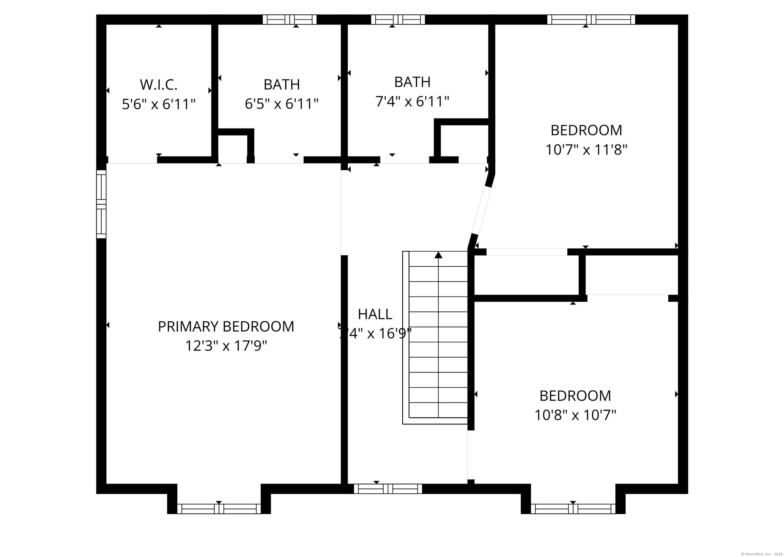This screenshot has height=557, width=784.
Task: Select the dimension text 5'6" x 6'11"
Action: pyautogui.click(x=159, y=104)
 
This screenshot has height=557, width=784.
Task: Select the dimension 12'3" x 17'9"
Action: pyautogui.click(x=226, y=346)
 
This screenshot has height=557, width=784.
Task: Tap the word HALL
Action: pyautogui.click(x=375, y=314)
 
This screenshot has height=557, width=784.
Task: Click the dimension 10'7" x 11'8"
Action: pyautogui.click(x=586, y=150)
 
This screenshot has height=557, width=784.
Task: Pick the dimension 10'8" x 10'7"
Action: pyautogui.click(x=575, y=415)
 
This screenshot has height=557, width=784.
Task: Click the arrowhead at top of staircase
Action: pyautogui.click(x=438, y=255)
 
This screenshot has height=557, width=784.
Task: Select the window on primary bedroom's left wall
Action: pyautogui.click(x=101, y=204)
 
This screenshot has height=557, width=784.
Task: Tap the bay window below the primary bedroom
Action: pyautogui.click(x=219, y=509)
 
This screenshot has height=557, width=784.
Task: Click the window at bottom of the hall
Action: pyautogui.click(x=388, y=489)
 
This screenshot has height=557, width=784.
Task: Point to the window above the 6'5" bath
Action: pyautogui.click(x=290, y=20)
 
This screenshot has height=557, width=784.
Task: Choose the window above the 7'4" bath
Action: pyautogui.click(x=398, y=20)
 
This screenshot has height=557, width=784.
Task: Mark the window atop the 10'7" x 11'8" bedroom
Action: pyautogui.click(x=591, y=20)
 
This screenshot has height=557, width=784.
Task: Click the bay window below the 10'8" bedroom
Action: pyautogui.click(x=573, y=509)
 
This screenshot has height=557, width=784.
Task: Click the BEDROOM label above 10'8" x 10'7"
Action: pyautogui.click(x=575, y=396)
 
